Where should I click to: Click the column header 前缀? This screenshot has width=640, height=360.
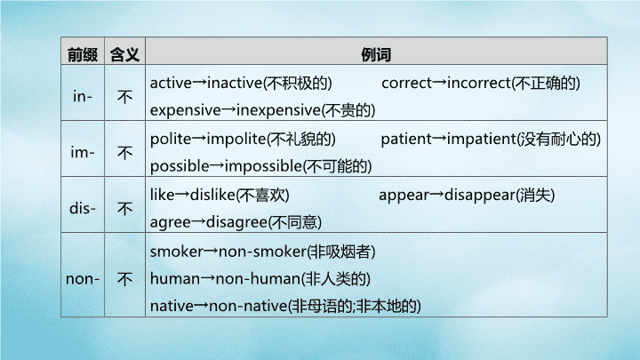[83, 54]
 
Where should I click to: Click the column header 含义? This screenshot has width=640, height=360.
[125, 54]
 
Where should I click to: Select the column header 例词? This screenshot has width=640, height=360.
[376, 54]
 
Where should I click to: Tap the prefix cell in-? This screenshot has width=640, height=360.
[83, 97]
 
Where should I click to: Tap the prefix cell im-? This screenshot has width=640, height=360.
[83, 153]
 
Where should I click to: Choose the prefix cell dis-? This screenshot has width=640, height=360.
[83, 209]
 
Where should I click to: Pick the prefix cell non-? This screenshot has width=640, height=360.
[83, 279]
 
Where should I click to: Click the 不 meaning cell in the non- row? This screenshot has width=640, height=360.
[125, 279]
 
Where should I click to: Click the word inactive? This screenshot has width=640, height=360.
[235, 83]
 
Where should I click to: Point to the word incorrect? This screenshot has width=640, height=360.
[479, 83]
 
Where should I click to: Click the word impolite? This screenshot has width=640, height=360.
[236, 140]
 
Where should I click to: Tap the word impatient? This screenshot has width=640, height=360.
[482, 140]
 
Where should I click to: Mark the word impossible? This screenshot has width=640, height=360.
[263, 166]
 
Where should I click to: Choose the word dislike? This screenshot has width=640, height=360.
[212, 195]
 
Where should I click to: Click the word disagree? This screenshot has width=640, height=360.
[236, 222]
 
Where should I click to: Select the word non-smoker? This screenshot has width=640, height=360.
[262, 252]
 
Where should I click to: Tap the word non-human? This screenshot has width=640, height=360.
[258, 279]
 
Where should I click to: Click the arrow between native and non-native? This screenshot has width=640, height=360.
[201, 306]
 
